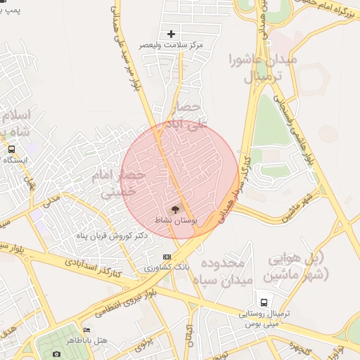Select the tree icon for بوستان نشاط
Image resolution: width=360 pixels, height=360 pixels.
175,209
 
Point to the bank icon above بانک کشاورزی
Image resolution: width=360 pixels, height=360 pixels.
167,257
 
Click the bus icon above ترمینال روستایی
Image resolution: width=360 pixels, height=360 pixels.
264,299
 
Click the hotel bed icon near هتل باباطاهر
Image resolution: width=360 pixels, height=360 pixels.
86,330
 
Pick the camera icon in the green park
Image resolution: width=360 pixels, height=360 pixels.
56,353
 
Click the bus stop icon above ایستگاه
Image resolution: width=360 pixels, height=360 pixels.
11,149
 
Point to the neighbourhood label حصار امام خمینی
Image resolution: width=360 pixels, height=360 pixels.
118,182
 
